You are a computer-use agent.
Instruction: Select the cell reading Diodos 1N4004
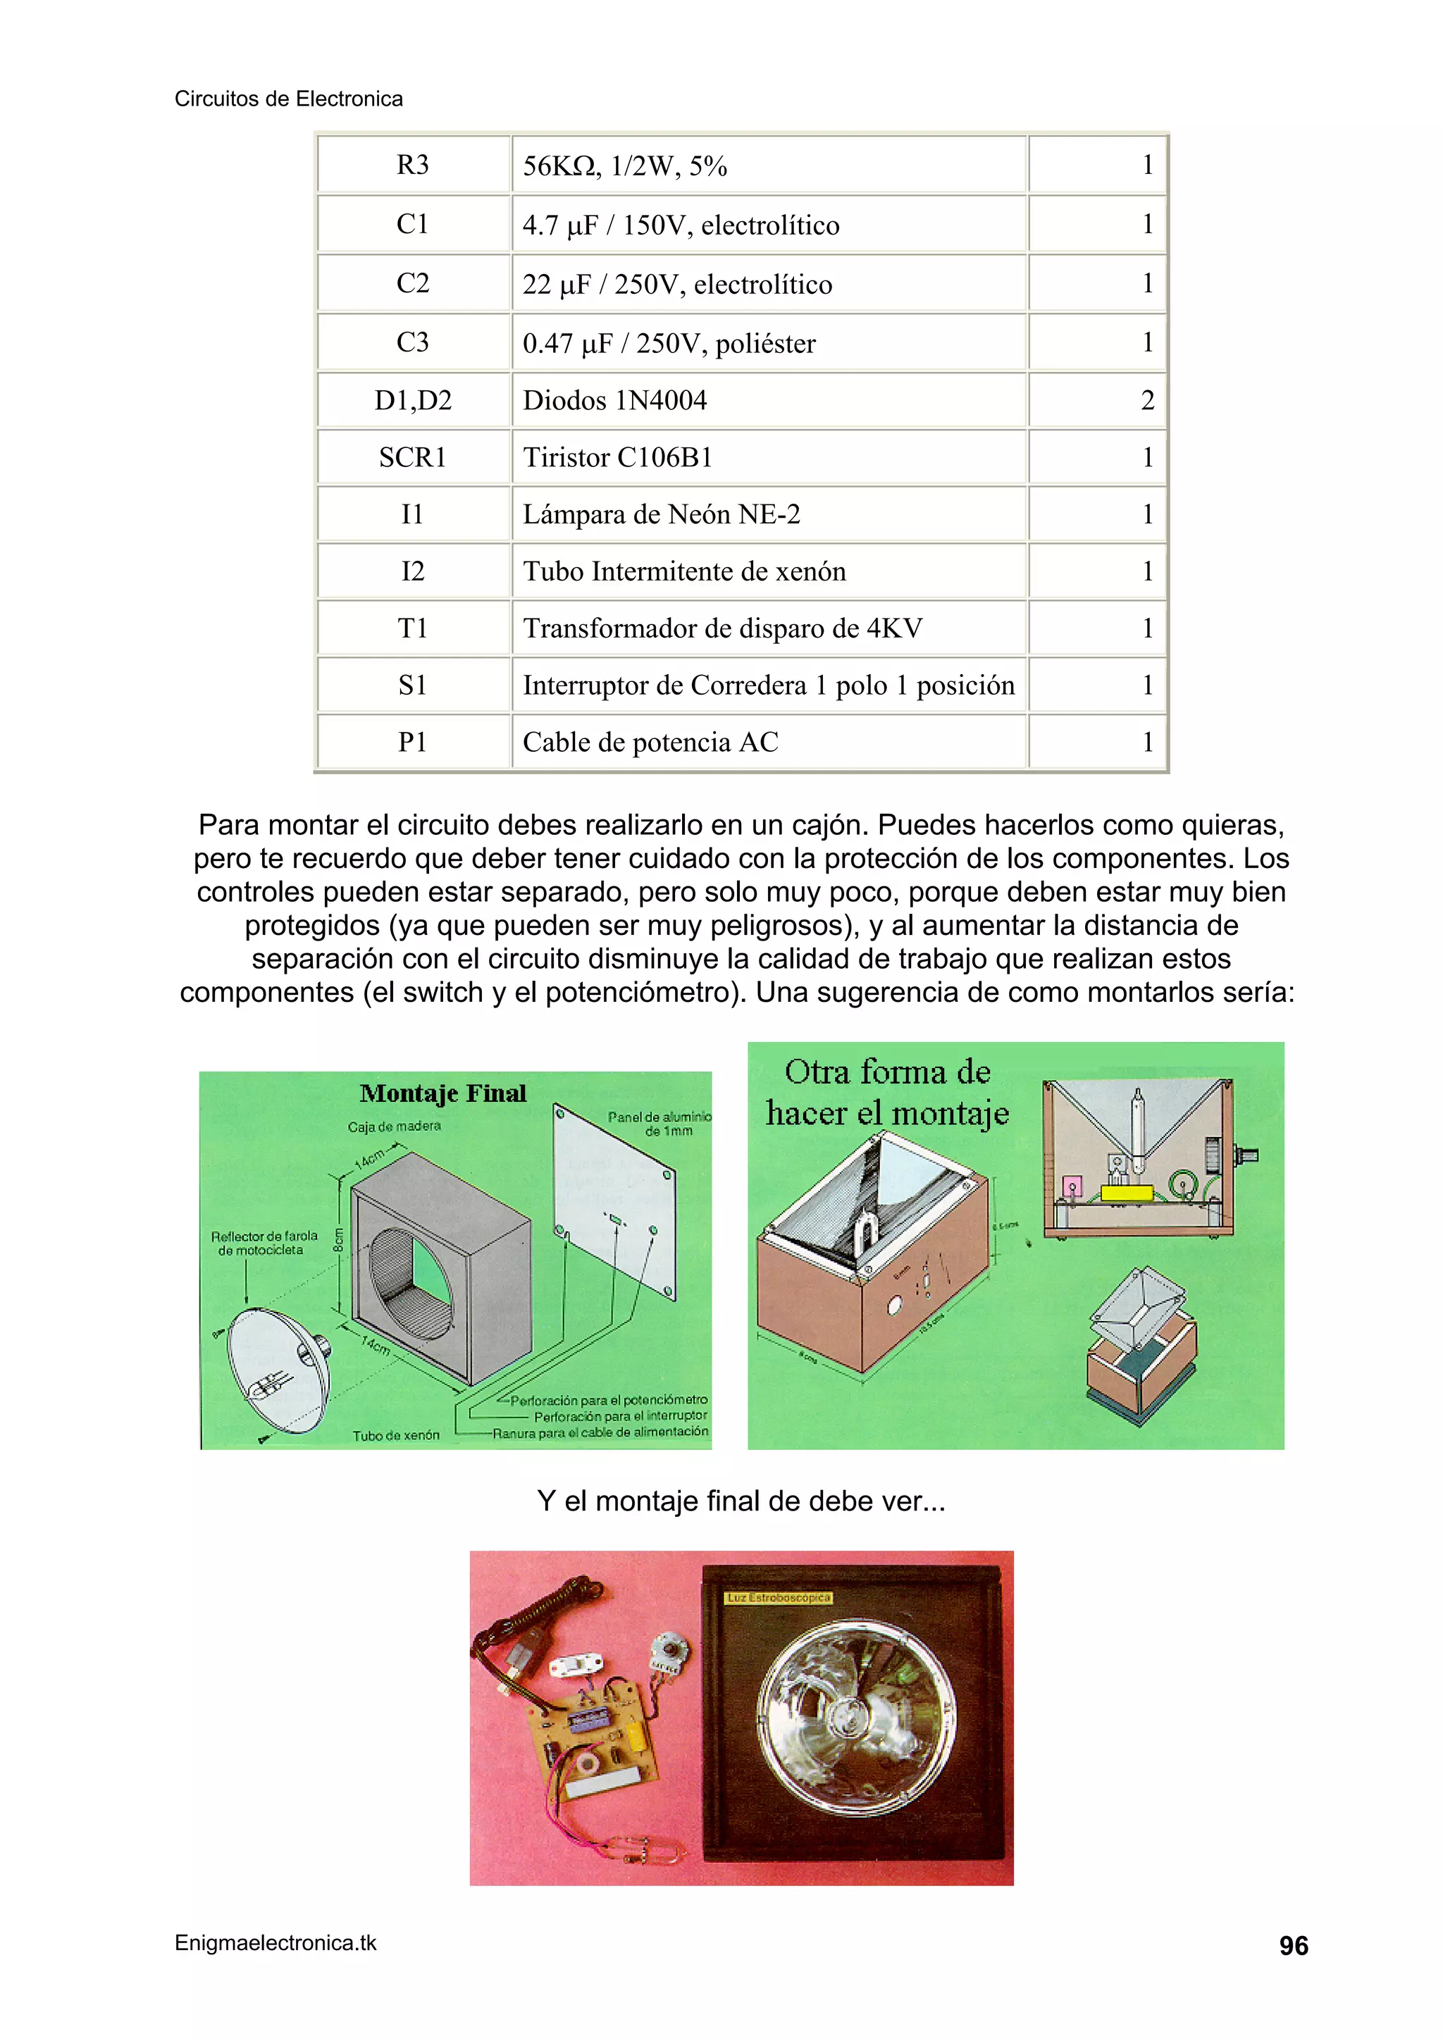[x=614, y=401]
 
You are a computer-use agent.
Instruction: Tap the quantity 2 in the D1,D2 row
[x=1147, y=401]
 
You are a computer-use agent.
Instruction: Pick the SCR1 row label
[x=413, y=458]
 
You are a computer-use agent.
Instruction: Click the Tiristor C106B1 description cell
[x=618, y=458]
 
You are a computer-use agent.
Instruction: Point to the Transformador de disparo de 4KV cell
[x=722, y=628]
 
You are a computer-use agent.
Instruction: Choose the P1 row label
[x=413, y=743]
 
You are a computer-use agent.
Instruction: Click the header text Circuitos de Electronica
[x=288, y=99]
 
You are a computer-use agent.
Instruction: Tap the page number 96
[x=1293, y=1946]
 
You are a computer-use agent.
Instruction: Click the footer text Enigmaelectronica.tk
[x=275, y=1943]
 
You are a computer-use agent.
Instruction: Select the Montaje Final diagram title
[x=442, y=1093]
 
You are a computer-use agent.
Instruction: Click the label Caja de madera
[x=394, y=1127]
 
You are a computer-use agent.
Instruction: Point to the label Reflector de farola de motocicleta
[x=264, y=1243]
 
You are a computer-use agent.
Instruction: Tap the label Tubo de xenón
[x=396, y=1434]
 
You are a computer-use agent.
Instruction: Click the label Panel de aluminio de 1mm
[x=659, y=1124]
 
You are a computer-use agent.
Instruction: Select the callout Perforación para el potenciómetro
[x=608, y=1400]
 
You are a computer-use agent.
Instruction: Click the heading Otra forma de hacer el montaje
[x=886, y=1093]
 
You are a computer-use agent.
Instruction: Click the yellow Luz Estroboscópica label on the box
[x=778, y=1597]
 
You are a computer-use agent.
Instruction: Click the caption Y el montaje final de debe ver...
[x=740, y=1501]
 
